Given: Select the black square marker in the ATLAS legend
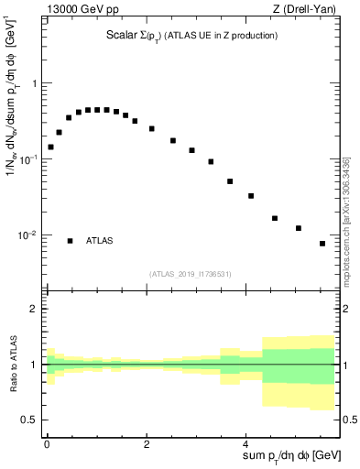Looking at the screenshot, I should (71, 241).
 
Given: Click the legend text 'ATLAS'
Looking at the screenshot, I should (100, 241).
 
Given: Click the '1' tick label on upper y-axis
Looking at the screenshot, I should (34, 83).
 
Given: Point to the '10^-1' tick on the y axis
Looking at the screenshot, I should (28, 159).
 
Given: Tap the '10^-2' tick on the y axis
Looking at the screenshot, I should (28, 235).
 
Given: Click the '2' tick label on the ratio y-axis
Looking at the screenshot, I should (34, 309).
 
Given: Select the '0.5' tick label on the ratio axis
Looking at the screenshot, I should (29, 420).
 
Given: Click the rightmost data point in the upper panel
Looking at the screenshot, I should (322, 244).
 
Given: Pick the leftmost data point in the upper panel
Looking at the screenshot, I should (51, 147).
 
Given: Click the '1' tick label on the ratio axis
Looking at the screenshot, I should (34, 365).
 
